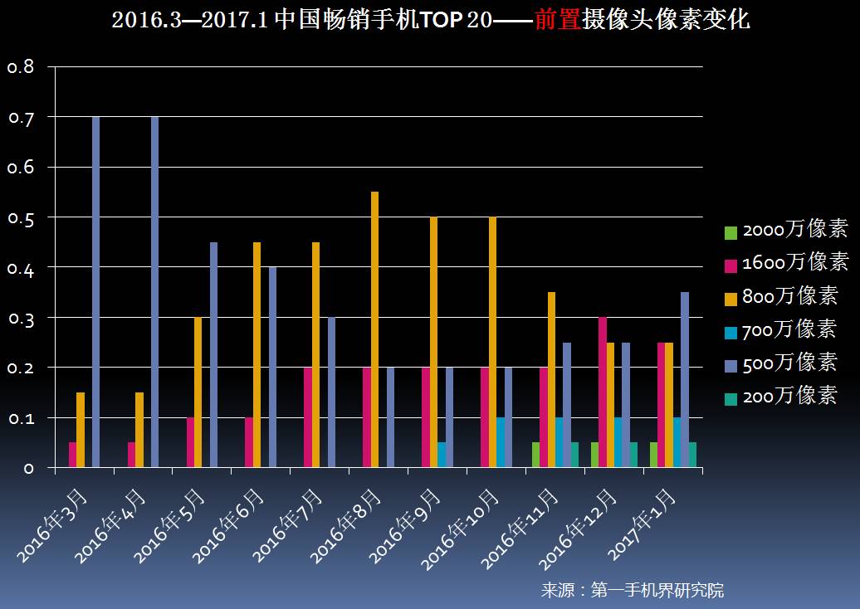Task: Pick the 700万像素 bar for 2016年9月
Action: (442, 455)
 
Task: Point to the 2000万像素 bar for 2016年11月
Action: (535, 455)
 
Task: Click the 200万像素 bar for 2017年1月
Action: (692, 455)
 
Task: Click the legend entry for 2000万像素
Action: (785, 231)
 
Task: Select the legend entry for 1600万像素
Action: (785, 264)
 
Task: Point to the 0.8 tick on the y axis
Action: (21, 67)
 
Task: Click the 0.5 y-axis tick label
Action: (21, 217)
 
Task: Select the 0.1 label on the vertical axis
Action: (21, 418)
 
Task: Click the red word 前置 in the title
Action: (556, 20)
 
